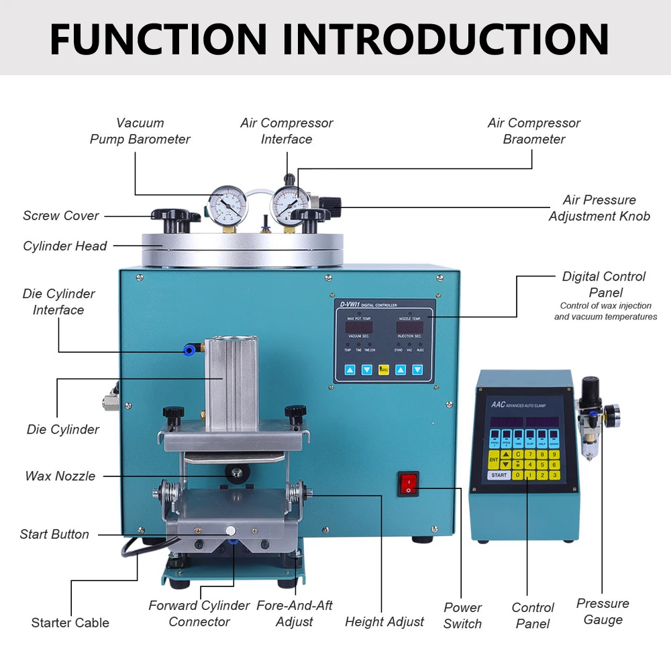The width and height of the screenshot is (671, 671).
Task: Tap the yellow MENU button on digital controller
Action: coord(384,370)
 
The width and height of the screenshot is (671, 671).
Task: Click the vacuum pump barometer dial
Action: coord(227,206)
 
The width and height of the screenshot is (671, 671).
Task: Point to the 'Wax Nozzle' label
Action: coord(60,476)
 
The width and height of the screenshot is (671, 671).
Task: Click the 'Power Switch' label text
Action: coord(462,615)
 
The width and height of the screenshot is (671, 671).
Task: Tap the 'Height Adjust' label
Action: coord(384,622)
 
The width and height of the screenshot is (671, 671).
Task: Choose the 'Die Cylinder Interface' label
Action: coord(58,302)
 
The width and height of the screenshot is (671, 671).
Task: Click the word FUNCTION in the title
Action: coord(158,38)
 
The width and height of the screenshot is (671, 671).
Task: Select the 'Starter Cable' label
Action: coord(70,623)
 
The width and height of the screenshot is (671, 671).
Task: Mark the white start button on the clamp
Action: coord(230,529)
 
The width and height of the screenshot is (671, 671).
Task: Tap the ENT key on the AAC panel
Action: coord(493,460)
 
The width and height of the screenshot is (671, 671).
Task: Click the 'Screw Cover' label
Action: coord(60,215)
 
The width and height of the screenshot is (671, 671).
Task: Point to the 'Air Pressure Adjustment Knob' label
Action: coord(599,208)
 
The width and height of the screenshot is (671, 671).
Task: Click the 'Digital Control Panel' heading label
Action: coord(604,285)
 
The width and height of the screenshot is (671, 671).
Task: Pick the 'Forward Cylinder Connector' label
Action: coord(199,614)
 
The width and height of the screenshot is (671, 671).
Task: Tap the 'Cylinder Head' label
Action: coord(65,246)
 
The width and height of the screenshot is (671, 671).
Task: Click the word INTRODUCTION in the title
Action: coord(445,38)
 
